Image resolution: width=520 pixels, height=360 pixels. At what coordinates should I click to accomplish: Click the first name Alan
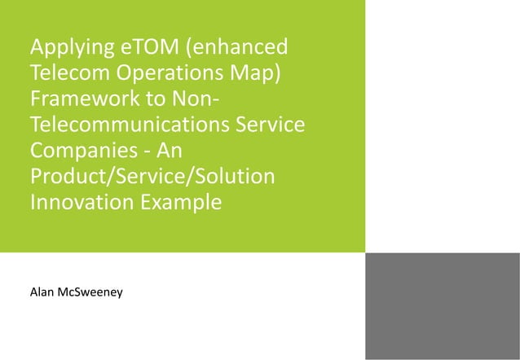pyautogui.click(x=42, y=291)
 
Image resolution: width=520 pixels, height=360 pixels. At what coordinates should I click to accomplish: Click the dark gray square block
pyautogui.click(x=443, y=306)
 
